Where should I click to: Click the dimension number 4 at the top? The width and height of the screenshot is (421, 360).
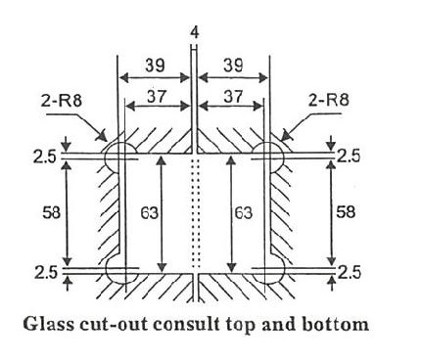[194, 33]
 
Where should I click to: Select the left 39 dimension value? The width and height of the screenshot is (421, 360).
[155, 66]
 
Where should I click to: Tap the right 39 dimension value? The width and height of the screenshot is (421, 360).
[233, 66]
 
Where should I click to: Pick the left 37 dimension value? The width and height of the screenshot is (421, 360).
[157, 97]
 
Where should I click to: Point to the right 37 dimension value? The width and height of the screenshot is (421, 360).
[234, 97]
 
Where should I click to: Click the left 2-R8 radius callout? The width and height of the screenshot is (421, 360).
[62, 101]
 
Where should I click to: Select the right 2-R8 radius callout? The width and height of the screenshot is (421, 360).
[328, 100]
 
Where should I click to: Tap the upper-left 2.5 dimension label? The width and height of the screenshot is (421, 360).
[44, 157]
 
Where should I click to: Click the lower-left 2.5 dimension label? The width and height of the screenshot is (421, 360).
[46, 273]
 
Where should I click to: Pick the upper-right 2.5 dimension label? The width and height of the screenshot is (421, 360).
[349, 157]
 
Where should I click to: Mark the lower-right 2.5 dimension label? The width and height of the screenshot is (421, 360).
[350, 273]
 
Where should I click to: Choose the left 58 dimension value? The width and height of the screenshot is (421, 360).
[52, 213]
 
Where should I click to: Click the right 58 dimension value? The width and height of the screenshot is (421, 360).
[346, 212]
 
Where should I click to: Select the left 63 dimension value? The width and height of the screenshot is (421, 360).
[149, 213]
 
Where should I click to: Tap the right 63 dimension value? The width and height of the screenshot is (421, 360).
[244, 213]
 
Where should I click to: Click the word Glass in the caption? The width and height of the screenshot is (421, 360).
[49, 325]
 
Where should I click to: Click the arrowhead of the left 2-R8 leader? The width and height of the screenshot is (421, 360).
[103, 136]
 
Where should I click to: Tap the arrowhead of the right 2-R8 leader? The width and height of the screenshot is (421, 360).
[286, 135]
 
